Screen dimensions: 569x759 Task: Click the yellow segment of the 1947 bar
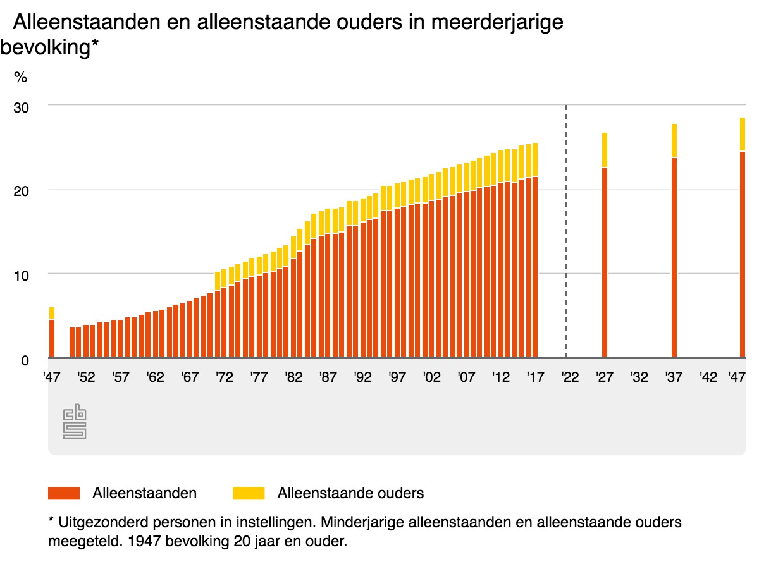52,313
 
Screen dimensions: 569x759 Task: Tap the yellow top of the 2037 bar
674,140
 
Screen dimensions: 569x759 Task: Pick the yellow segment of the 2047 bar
743,134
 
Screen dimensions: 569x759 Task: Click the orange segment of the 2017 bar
535,266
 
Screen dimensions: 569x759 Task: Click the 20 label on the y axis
21,191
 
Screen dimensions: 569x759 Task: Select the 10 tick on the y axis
21,275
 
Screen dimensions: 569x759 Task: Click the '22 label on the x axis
570,377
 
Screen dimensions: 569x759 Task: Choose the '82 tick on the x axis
293,377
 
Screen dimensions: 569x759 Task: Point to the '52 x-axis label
86,377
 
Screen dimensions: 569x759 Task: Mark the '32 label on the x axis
639,377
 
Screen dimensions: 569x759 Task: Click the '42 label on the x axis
708,377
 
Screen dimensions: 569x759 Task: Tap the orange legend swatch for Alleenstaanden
64,493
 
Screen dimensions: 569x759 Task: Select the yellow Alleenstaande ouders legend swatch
249,493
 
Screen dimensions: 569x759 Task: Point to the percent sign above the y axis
21,78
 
